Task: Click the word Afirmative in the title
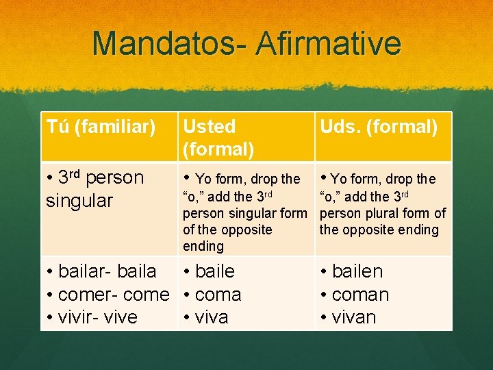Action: click(329, 43)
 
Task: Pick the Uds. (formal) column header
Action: click(378, 127)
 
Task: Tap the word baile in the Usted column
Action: click(215, 271)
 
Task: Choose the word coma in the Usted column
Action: click(218, 295)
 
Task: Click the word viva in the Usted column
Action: click(212, 317)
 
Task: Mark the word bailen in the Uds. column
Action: click(357, 271)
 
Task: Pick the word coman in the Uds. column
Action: click(360, 295)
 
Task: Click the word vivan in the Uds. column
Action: click(354, 317)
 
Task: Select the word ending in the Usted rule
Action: click(203, 246)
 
